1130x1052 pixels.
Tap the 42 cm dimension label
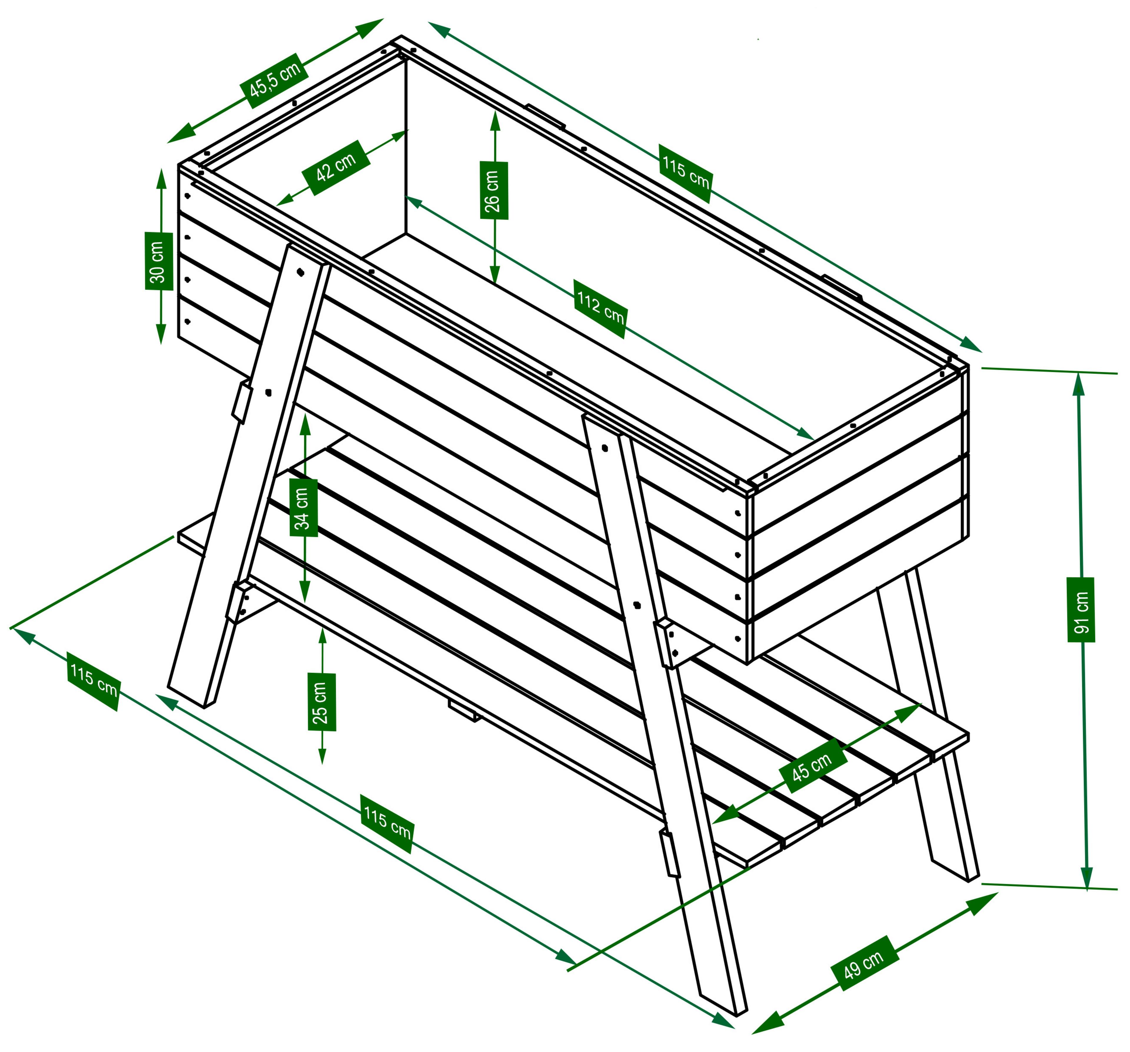(336, 168)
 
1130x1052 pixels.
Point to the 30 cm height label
(159, 261)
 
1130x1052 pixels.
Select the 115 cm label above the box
(685, 173)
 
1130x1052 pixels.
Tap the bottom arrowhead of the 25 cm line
(322, 756)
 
